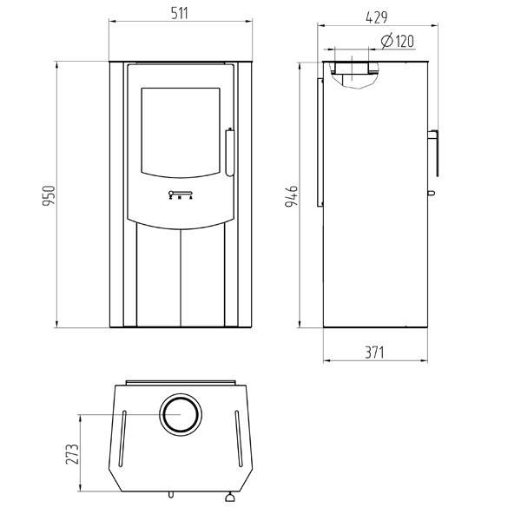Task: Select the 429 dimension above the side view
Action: click(376, 15)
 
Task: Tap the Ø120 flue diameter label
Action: click(397, 40)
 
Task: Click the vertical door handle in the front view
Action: click(229, 151)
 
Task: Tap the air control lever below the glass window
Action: click(181, 194)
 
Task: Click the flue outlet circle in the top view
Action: click(181, 416)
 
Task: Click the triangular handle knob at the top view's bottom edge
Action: click(230, 498)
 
